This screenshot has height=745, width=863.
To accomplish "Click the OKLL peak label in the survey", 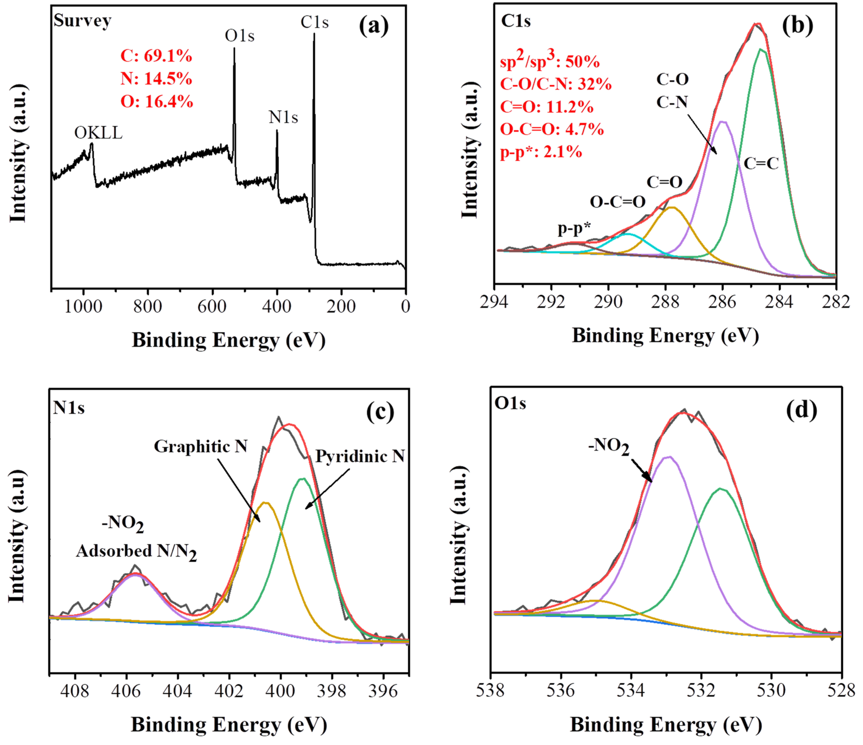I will click(98, 133).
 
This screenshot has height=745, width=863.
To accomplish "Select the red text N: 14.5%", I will click(156, 79).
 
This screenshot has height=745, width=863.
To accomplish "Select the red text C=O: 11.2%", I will click(546, 107).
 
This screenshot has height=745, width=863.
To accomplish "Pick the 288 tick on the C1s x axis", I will click(665, 302).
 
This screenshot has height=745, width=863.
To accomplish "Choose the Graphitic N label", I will click(201, 447).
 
